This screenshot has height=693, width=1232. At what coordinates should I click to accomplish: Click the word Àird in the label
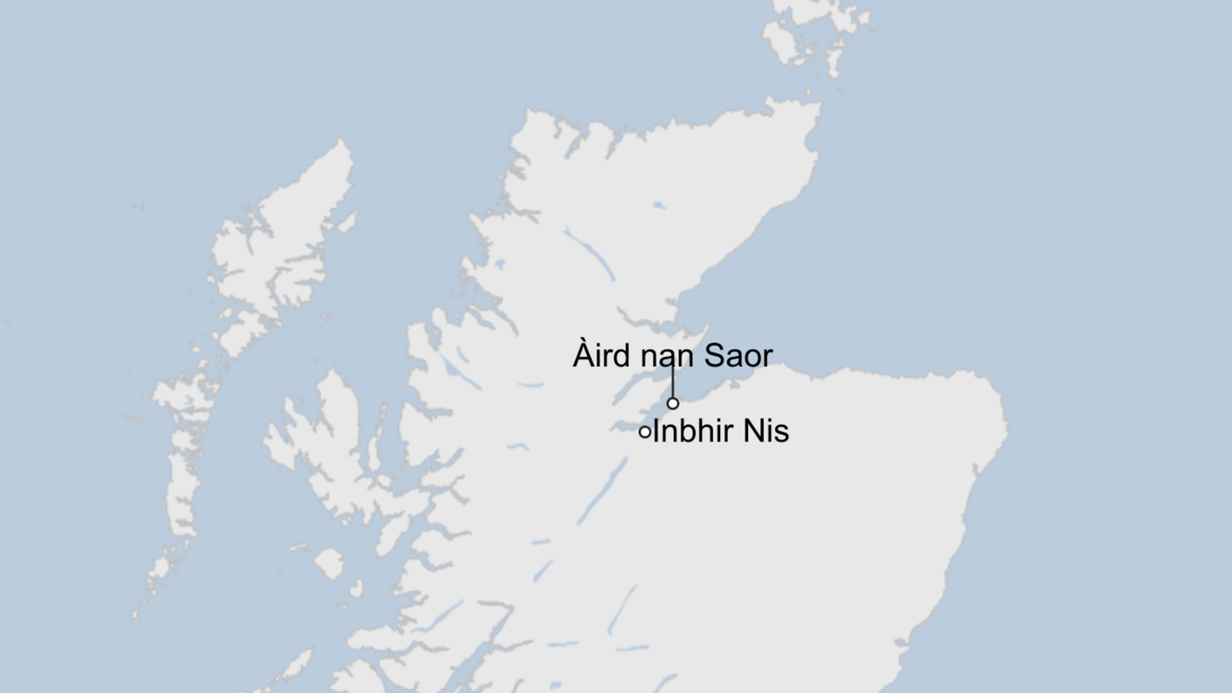(x=602, y=356)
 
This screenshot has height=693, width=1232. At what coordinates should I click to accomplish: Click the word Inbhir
(x=693, y=431)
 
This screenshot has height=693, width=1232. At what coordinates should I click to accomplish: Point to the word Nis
(x=767, y=431)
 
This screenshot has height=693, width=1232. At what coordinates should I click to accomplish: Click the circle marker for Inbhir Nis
(x=645, y=432)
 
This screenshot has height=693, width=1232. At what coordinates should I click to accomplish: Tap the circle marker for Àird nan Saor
(x=673, y=403)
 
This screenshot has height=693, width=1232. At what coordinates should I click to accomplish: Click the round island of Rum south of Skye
(x=329, y=564)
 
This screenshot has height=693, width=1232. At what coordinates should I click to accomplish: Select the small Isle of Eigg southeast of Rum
(x=356, y=588)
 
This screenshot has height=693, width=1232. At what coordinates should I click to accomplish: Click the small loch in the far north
(x=659, y=205)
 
